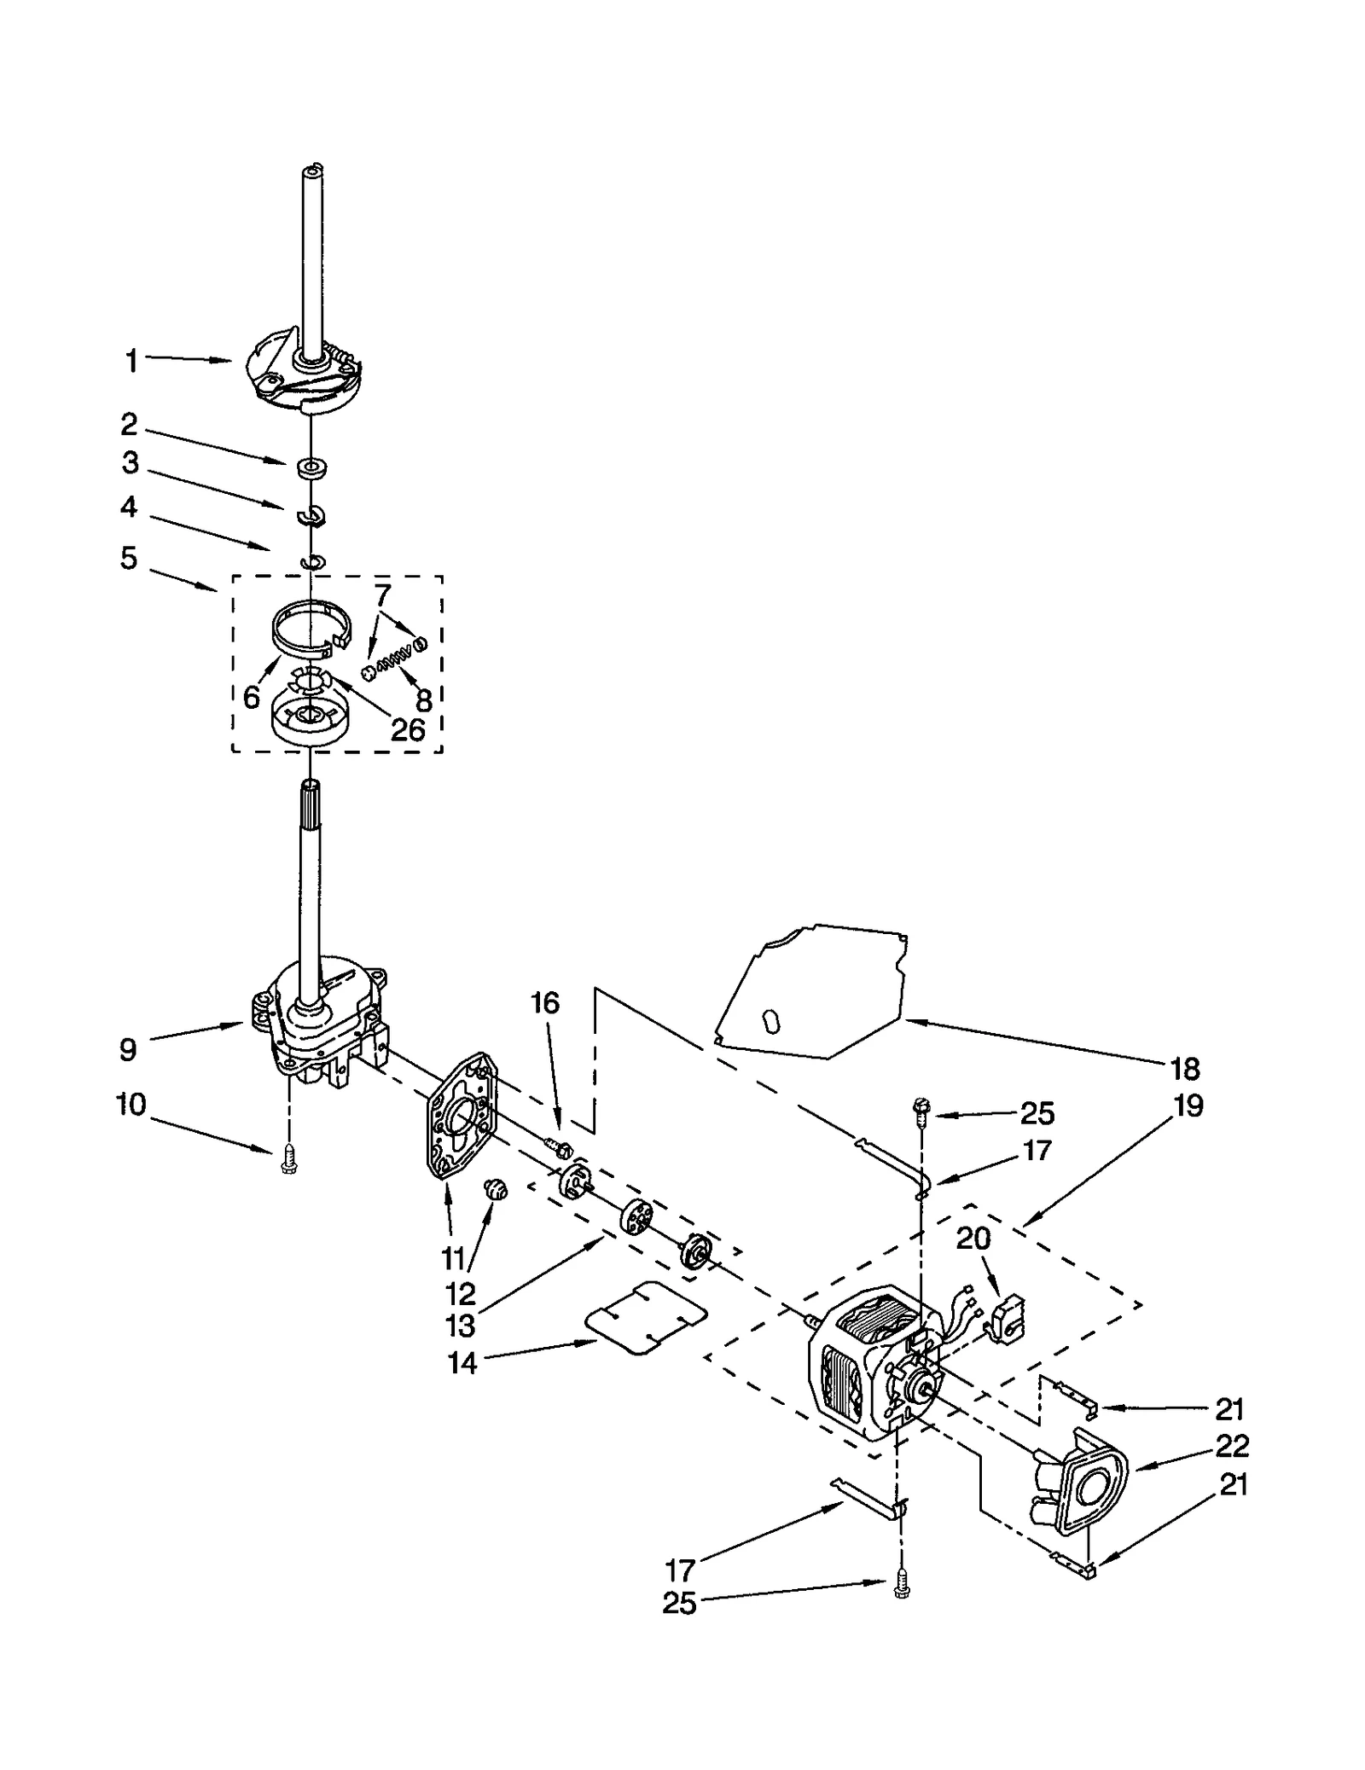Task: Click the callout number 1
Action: pyautogui.click(x=131, y=362)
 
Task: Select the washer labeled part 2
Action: pyautogui.click(x=313, y=467)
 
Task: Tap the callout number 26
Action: pyautogui.click(x=407, y=729)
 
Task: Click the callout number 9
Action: pyautogui.click(x=128, y=1049)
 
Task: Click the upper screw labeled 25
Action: pyautogui.click(x=922, y=1107)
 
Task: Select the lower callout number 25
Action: pyautogui.click(x=679, y=1604)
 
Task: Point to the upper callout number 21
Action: pyautogui.click(x=1228, y=1409)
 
